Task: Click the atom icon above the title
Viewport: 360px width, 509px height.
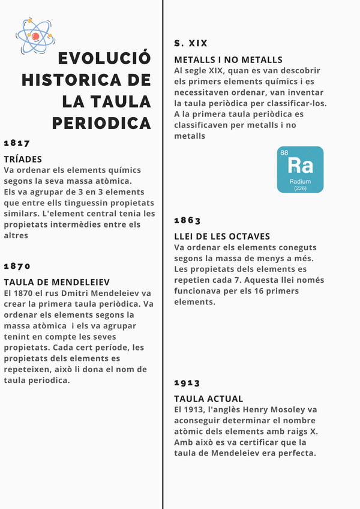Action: [x=34, y=35]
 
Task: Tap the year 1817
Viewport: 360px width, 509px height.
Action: [x=17, y=143]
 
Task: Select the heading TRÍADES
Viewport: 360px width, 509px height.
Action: [x=23, y=159]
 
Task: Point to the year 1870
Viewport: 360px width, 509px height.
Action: [x=17, y=267]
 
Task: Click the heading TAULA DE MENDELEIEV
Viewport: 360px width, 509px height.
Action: [x=56, y=282]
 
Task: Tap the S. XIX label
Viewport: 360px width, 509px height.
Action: [x=191, y=43]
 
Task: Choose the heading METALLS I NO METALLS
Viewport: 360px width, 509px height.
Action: [x=228, y=60]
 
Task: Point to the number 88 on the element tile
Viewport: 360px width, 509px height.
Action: [x=284, y=152]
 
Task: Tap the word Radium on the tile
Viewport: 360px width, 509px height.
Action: [x=300, y=181]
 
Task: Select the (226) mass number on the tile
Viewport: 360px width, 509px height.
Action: [x=300, y=188]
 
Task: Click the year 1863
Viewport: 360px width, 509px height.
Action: [x=187, y=221]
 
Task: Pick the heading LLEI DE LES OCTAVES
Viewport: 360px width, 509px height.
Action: [x=222, y=236]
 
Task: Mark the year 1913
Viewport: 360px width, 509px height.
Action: [x=187, y=383]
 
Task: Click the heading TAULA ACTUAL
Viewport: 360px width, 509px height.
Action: [x=208, y=399]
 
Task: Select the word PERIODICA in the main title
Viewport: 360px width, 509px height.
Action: [x=101, y=123]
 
